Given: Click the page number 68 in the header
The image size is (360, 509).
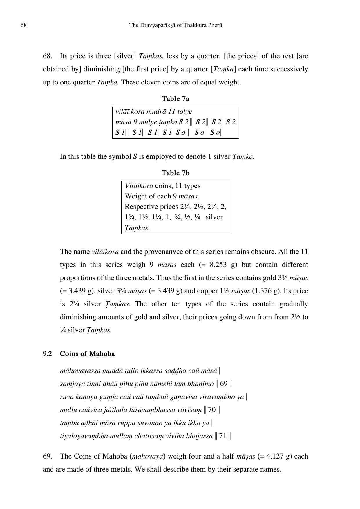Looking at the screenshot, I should (x=23, y=25).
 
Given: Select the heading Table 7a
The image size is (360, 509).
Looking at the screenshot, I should (x=176, y=99).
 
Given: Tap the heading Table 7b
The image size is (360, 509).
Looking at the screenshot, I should (x=176, y=173).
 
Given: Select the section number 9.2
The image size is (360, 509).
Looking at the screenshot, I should (x=47, y=354).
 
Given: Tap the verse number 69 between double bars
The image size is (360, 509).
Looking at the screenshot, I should (x=224, y=384).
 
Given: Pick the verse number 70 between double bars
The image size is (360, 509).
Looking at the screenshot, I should (x=212, y=410).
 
